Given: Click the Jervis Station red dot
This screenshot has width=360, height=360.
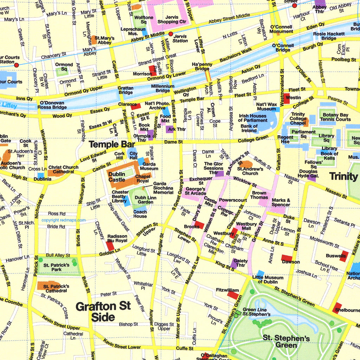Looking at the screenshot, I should (x=171, y=34).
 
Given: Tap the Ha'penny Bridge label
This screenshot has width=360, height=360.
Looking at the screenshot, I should (x=201, y=66).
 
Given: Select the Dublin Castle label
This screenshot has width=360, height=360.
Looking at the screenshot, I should (x=117, y=177).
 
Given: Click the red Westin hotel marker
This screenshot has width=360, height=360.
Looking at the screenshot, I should (x=287, y=99).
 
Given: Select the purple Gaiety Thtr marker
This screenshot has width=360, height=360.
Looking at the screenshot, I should (x=234, y=263).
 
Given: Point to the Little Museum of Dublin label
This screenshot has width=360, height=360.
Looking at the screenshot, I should (x=268, y=279).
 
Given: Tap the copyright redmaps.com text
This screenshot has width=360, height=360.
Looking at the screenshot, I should (x=63, y=220).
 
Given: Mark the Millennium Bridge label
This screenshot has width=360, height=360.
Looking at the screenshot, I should (x=163, y=88).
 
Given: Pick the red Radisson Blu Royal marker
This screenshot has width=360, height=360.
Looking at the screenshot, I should (x=110, y=246).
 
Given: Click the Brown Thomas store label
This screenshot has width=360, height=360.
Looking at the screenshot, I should (x=259, y=195).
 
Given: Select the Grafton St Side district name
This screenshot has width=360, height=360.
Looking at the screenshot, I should (x=103, y=311).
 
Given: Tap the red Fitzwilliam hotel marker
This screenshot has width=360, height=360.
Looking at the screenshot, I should (x=233, y=295).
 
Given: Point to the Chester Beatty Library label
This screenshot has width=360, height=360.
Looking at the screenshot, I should (x=120, y=197).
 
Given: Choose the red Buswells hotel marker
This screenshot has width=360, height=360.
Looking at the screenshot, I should (x=343, y=256).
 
